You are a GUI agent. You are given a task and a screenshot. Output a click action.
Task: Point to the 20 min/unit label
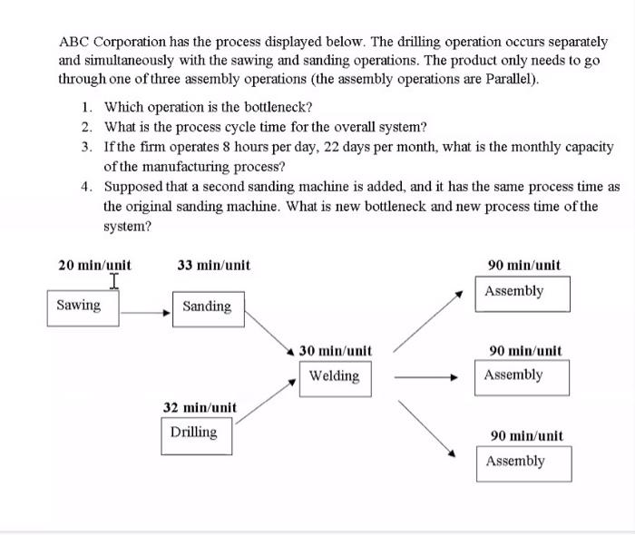coord(94,266)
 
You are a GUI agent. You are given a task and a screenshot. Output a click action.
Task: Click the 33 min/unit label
coord(214,266)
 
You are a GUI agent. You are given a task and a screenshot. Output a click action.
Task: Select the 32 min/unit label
coord(200,407)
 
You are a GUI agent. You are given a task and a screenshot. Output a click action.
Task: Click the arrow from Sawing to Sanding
coord(146,313)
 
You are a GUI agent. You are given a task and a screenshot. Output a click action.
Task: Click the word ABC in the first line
coord(74,42)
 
